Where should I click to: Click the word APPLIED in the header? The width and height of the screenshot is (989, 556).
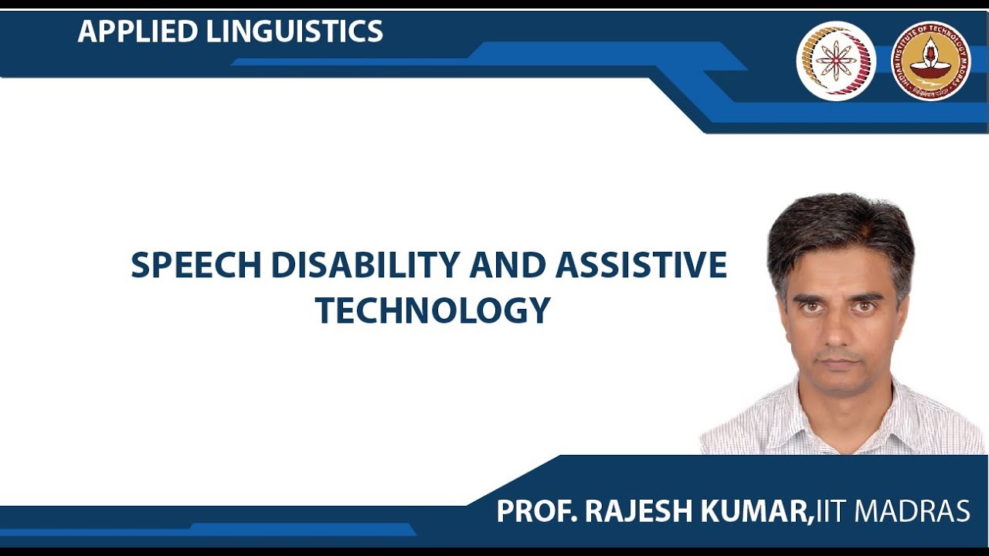[138, 32]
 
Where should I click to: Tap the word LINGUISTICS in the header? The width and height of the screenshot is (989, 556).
[294, 32]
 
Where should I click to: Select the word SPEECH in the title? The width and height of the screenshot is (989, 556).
[196, 266]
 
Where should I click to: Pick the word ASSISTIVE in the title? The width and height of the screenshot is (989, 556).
[641, 266]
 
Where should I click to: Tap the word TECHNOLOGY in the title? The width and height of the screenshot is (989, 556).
[433, 310]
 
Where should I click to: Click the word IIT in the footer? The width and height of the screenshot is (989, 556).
[831, 511]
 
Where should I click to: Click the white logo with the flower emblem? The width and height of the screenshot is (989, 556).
[836, 61]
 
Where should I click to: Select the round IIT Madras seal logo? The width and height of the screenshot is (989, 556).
[930, 61]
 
